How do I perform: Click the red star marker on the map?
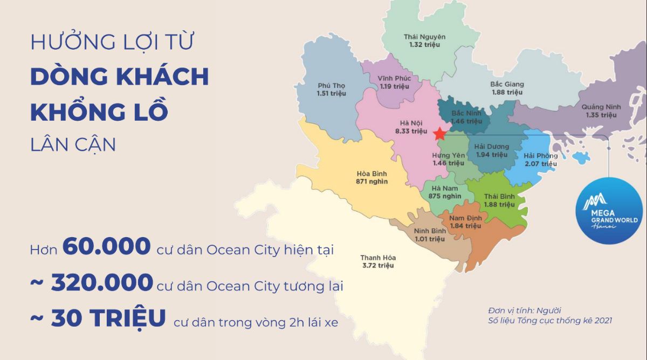(439, 133)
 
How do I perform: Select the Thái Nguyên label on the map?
(424, 37)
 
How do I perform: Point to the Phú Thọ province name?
(331, 86)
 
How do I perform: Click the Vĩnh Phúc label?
(394, 78)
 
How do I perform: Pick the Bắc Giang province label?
(507, 84)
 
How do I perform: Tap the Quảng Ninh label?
(601, 107)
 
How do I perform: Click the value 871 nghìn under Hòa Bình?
(371, 182)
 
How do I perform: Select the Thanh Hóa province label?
(377, 257)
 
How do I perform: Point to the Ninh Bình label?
(429, 231)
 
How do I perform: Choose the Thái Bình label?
(499, 196)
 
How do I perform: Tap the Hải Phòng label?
(540, 156)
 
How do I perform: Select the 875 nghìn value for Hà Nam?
(442, 196)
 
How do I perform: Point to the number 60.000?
(106, 247)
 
